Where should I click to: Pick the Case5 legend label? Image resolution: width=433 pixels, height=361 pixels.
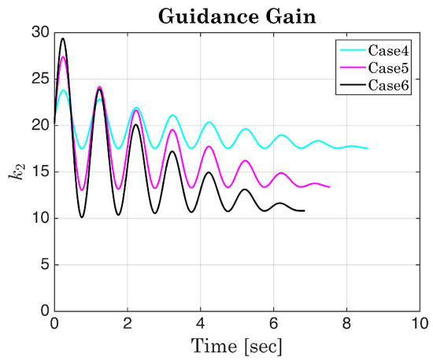point(389,68)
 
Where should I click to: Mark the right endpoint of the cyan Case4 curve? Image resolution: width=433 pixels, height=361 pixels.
point(367,148)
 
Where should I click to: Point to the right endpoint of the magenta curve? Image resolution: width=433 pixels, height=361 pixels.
point(329,186)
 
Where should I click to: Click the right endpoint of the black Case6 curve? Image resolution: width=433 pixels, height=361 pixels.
point(304,211)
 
